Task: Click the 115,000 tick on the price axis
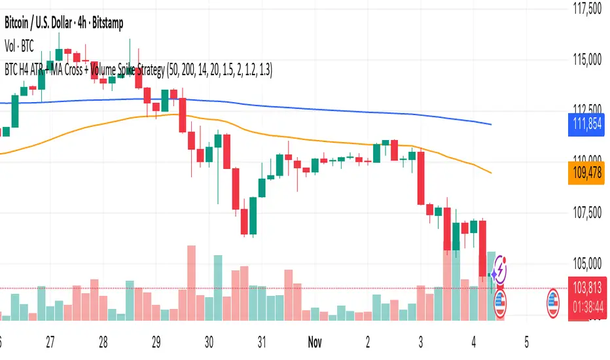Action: point(586,60)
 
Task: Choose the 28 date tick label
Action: point(103,341)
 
